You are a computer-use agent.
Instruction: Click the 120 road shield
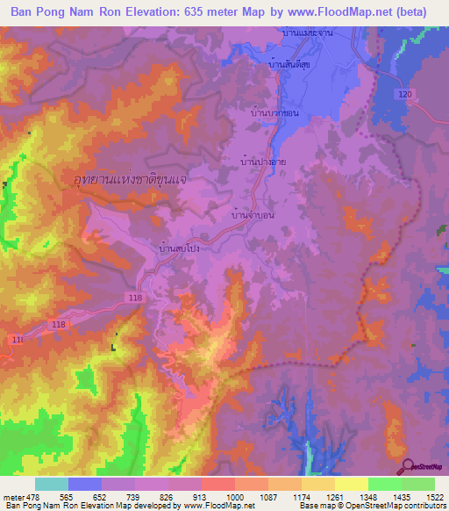(x=403, y=94)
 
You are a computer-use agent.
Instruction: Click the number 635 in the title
(x=217, y=12)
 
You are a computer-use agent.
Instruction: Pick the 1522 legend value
(x=434, y=497)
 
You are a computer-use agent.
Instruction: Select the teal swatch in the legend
(x=52, y=484)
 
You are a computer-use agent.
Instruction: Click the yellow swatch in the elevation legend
(x=351, y=484)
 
